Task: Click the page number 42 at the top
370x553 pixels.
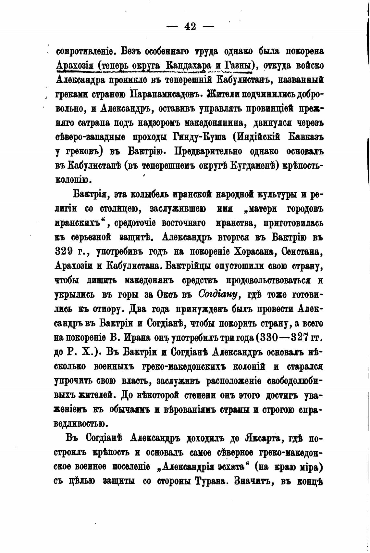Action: pos(190,27)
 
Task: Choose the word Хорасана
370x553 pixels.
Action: pos(250,252)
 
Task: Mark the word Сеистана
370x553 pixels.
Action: pos(302,252)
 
